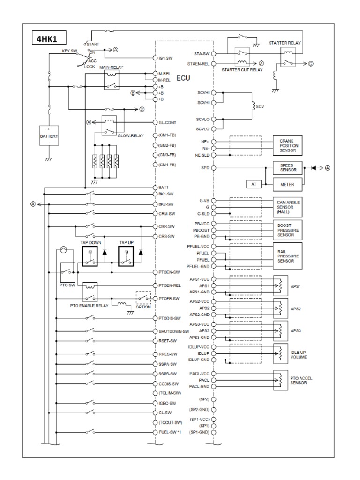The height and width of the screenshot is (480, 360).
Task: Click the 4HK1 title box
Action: click(x=49, y=38)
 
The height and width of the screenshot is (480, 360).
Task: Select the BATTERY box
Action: click(x=49, y=135)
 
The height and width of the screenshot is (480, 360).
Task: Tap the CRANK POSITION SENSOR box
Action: click(x=287, y=145)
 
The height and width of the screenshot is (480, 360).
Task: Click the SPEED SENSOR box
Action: click(x=287, y=167)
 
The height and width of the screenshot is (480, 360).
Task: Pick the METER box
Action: click(x=287, y=185)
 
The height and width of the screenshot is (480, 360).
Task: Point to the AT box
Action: click(x=254, y=184)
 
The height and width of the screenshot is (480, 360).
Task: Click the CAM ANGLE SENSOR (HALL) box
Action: click(x=287, y=207)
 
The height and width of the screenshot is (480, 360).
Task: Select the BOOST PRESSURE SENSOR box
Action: click(x=287, y=230)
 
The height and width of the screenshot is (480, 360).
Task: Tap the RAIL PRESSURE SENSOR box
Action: click(x=287, y=256)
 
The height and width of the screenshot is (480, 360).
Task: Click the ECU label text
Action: click(x=183, y=78)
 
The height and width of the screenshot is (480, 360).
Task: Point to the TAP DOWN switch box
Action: click(x=90, y=256)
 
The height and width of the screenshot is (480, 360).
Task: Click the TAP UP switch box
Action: click(x=126, y=256)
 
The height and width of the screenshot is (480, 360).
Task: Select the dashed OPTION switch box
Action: click(x=143, y=298)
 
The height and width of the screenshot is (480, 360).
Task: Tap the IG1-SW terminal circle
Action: click(x=155, y=58)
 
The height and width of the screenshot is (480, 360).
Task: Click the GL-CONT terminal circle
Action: click(x=155, y=122)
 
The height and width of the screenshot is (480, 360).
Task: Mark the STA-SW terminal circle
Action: click(x=214, y=54)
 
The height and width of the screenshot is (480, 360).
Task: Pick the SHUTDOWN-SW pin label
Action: click(x=174, y=331)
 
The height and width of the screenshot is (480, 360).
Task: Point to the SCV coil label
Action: click(x=260, y=106)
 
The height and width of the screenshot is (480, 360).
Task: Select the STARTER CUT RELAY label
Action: click(x=242, y=70)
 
